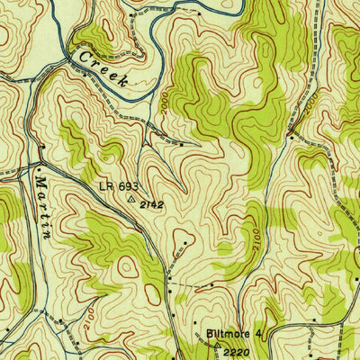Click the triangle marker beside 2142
(x=132, y=202)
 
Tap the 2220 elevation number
(x=237, y=350)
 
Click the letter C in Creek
(x=84, y=55)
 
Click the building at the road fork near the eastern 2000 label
(x=290, y=134)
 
